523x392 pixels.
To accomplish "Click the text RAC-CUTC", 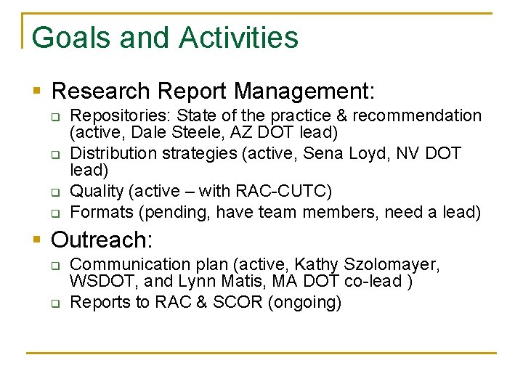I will point(290,192).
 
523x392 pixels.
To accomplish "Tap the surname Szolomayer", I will point(388,265).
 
